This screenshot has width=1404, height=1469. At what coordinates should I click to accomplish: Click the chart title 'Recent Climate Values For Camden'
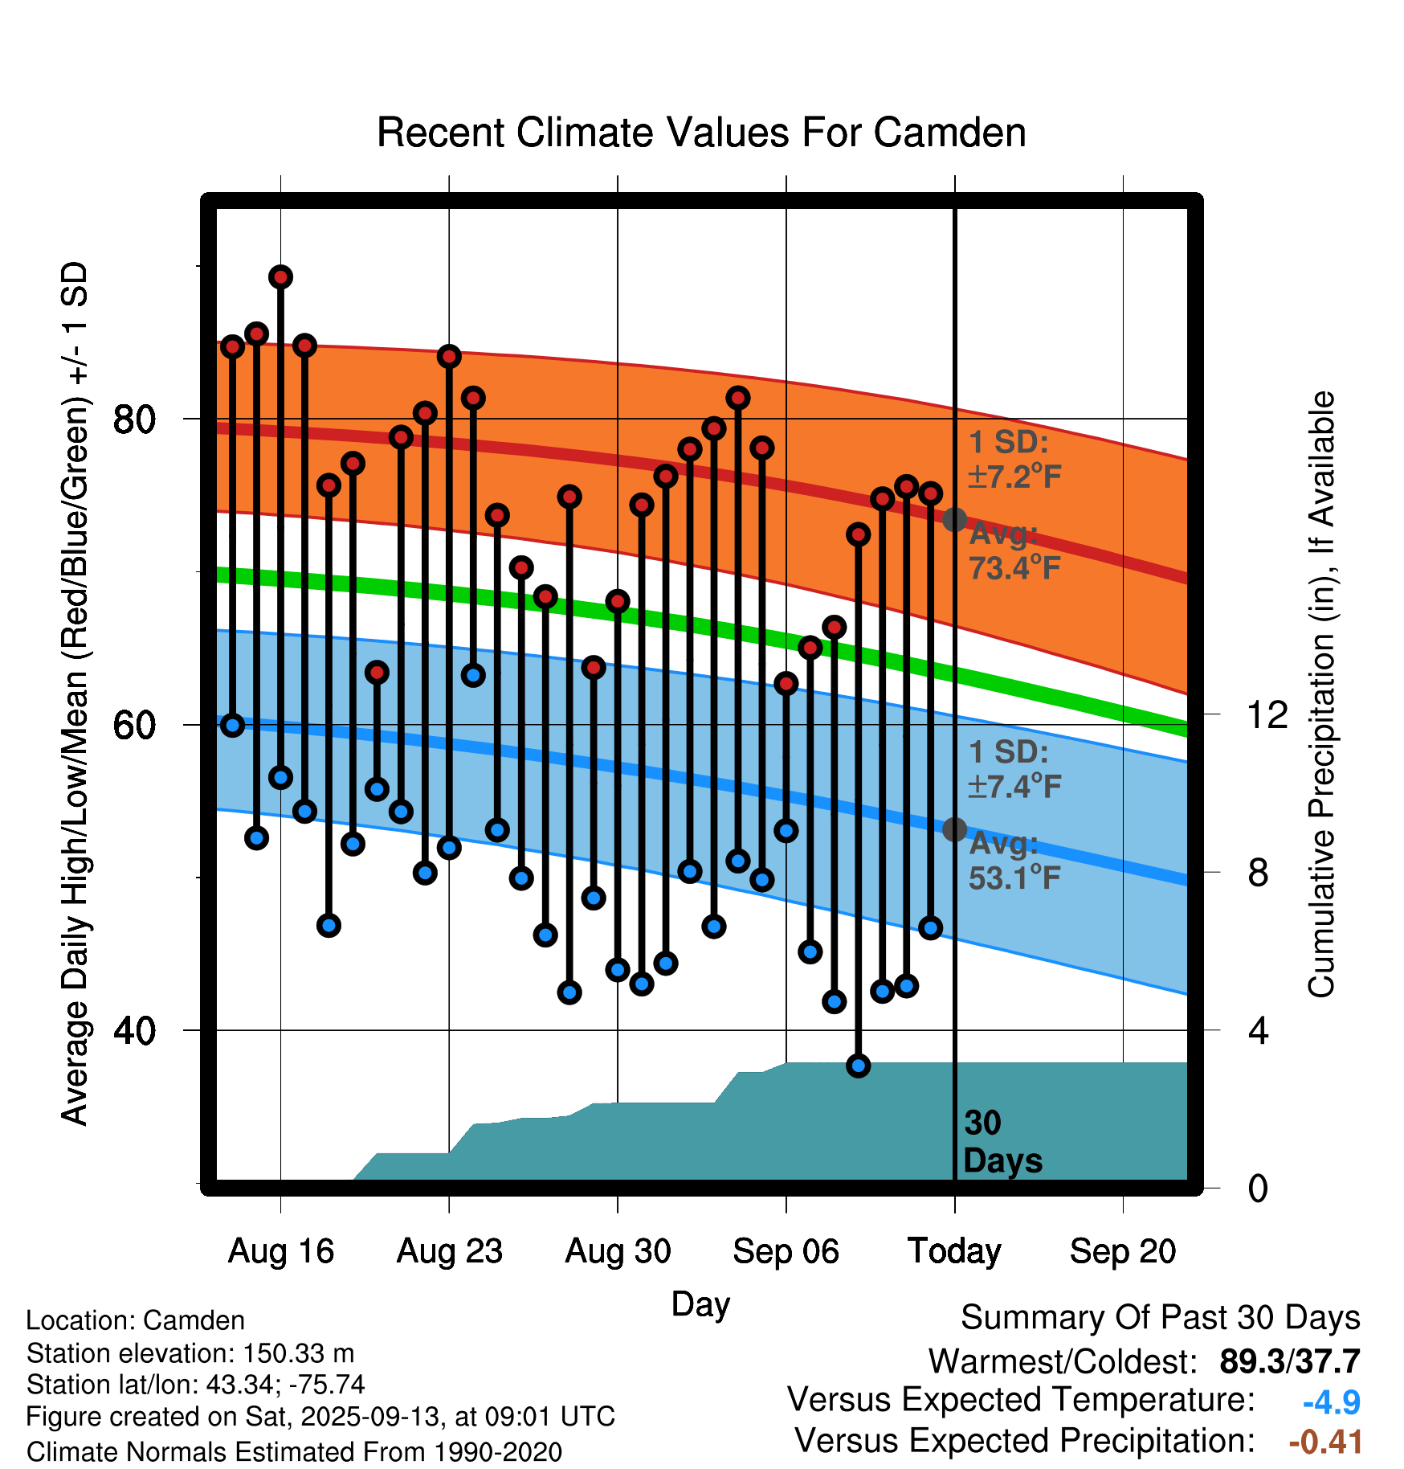(701, 133)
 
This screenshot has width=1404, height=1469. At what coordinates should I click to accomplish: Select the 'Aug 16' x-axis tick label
(280, 1251)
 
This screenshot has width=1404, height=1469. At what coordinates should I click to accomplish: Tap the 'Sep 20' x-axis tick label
(1122, 1251)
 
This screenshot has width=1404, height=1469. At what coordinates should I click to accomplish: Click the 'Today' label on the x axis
(954, 1251)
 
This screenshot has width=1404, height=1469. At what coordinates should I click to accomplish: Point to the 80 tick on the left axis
(134, 419)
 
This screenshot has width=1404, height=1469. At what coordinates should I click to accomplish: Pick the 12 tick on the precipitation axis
(1267, 714)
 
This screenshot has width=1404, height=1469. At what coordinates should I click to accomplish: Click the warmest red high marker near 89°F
(280, 277)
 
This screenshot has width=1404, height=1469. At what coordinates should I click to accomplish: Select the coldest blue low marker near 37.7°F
(859, 1066)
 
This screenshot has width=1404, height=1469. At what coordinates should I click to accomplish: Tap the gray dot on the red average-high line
(954, 520)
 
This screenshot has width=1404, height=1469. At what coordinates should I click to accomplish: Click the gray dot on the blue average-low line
(954, 829)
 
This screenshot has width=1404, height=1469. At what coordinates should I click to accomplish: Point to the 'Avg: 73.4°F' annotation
(1014, 551)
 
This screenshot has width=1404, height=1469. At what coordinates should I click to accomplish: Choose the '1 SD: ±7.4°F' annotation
(1014, 769)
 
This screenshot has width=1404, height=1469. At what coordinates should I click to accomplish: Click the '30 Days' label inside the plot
(1001, 1142)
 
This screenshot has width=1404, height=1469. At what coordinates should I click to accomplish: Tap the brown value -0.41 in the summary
(1325, 1442)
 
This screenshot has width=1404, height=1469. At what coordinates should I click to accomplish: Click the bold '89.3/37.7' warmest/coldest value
(1289, 1361)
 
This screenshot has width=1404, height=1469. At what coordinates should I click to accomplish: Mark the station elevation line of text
(190, 1353)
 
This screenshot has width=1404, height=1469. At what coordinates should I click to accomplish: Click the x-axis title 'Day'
(700, 1303)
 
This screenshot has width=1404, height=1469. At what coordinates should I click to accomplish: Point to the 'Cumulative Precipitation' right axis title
(1321, 694)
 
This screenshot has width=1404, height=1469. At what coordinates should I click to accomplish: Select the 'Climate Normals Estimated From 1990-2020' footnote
(294, 1451)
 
